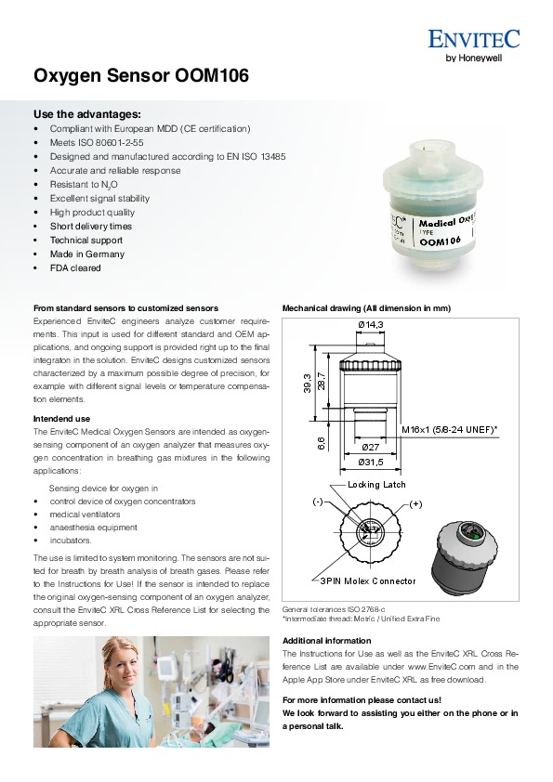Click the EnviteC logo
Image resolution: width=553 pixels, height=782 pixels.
pos(474,46)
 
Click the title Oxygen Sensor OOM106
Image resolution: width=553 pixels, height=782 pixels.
pos(141,76)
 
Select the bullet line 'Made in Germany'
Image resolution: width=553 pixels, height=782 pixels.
pos(86,254)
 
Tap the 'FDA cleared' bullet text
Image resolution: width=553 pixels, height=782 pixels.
pos(75,267)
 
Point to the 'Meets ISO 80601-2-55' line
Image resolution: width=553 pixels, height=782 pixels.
pos(97,143)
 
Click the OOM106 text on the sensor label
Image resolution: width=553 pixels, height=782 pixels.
pos(441,241)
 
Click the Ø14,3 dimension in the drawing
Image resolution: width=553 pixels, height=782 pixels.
pos(371,325)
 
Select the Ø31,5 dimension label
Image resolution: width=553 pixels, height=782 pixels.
pos(371,463)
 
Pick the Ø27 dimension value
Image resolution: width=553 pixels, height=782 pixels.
pos(370,448)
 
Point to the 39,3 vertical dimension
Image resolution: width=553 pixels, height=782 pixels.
pos(308,384)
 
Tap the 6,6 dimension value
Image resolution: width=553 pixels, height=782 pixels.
pos(321,443)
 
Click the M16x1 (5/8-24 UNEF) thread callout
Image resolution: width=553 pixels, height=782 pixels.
pos(450,429)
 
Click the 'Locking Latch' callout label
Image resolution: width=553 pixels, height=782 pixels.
pos(376,484)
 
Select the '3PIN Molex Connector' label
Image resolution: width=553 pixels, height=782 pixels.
pos(368,581)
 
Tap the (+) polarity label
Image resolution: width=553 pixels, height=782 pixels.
pos(415,504)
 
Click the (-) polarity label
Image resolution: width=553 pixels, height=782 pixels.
pos(318,502)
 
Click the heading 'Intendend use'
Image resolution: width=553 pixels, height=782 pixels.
pos(61,419)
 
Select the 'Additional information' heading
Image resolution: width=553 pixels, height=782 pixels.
pos(327,641)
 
